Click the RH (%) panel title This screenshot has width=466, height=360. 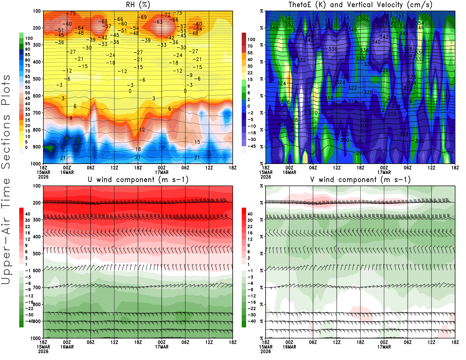pyautogui.click(x=138, y=5)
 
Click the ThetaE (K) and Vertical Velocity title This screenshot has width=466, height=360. pyautogui.click(x=360, y=5)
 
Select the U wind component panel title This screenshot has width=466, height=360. pyautogui.click(x=138, y=179)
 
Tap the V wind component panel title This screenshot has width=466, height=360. pyautogui.click(x=360, y=179)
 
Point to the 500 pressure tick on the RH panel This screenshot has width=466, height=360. pyautogui.click(x=37, y=79)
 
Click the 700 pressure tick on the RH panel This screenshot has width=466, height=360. pyautogui.click(x=37, y=113)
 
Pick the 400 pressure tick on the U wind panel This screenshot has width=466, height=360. pyautogui.click(x=37, y=237)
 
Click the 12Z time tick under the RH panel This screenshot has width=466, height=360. pyautogui.click(x=114, y=168)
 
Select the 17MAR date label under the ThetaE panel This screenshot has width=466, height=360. pyautogui.click(x=384, y=172)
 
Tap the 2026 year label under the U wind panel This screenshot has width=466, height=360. pyautogui.click(x=43, y=352)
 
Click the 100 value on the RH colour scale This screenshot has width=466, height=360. pyautogui.click(x=29, y=38)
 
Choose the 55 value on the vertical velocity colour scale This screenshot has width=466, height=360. pyautogui.click(x=250, y=53)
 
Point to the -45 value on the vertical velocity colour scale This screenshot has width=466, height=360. pyautogui.click(x=251, y=146)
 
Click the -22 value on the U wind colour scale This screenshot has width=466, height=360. pyautogui.click(x=29, y=308)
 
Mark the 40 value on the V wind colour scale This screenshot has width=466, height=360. pyautogui.click(x=250, y=214)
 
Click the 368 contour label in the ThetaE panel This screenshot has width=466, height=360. pyautogui.click(x=388, y=14)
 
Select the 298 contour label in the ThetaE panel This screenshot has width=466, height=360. pyautogui.click(x=360, y=153)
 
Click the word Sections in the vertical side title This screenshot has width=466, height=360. pyautogui.click(x=6, y=142)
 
